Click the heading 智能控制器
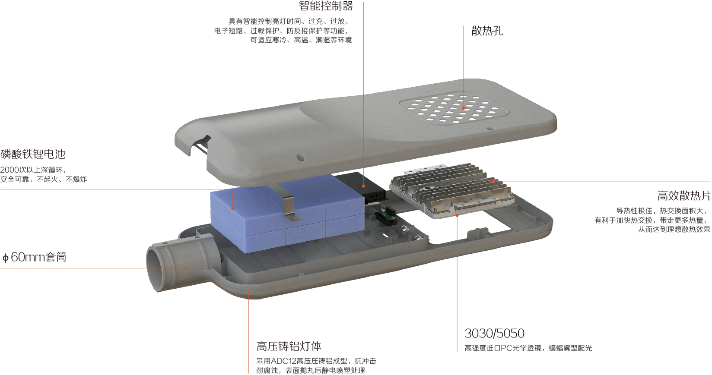(x=326, y=6)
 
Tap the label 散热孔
(x=487, y=31)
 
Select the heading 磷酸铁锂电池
(x=33, y=154)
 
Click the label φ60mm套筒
(x=34, y=257)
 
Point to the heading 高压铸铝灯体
(x=289, y=346)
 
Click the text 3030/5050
(x=494, y=333)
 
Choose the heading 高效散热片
(x=684, y=195)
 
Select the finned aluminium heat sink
(x=451, y=189)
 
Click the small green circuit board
(x=386, y=216)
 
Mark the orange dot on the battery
(x=233, y=208)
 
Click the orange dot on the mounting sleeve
(x=187, y=268)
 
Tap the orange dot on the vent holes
(x=464, y=108)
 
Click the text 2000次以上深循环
(x=32, y=170)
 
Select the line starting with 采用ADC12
(x=316, y=361)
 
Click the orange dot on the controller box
(x=364, y=186)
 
